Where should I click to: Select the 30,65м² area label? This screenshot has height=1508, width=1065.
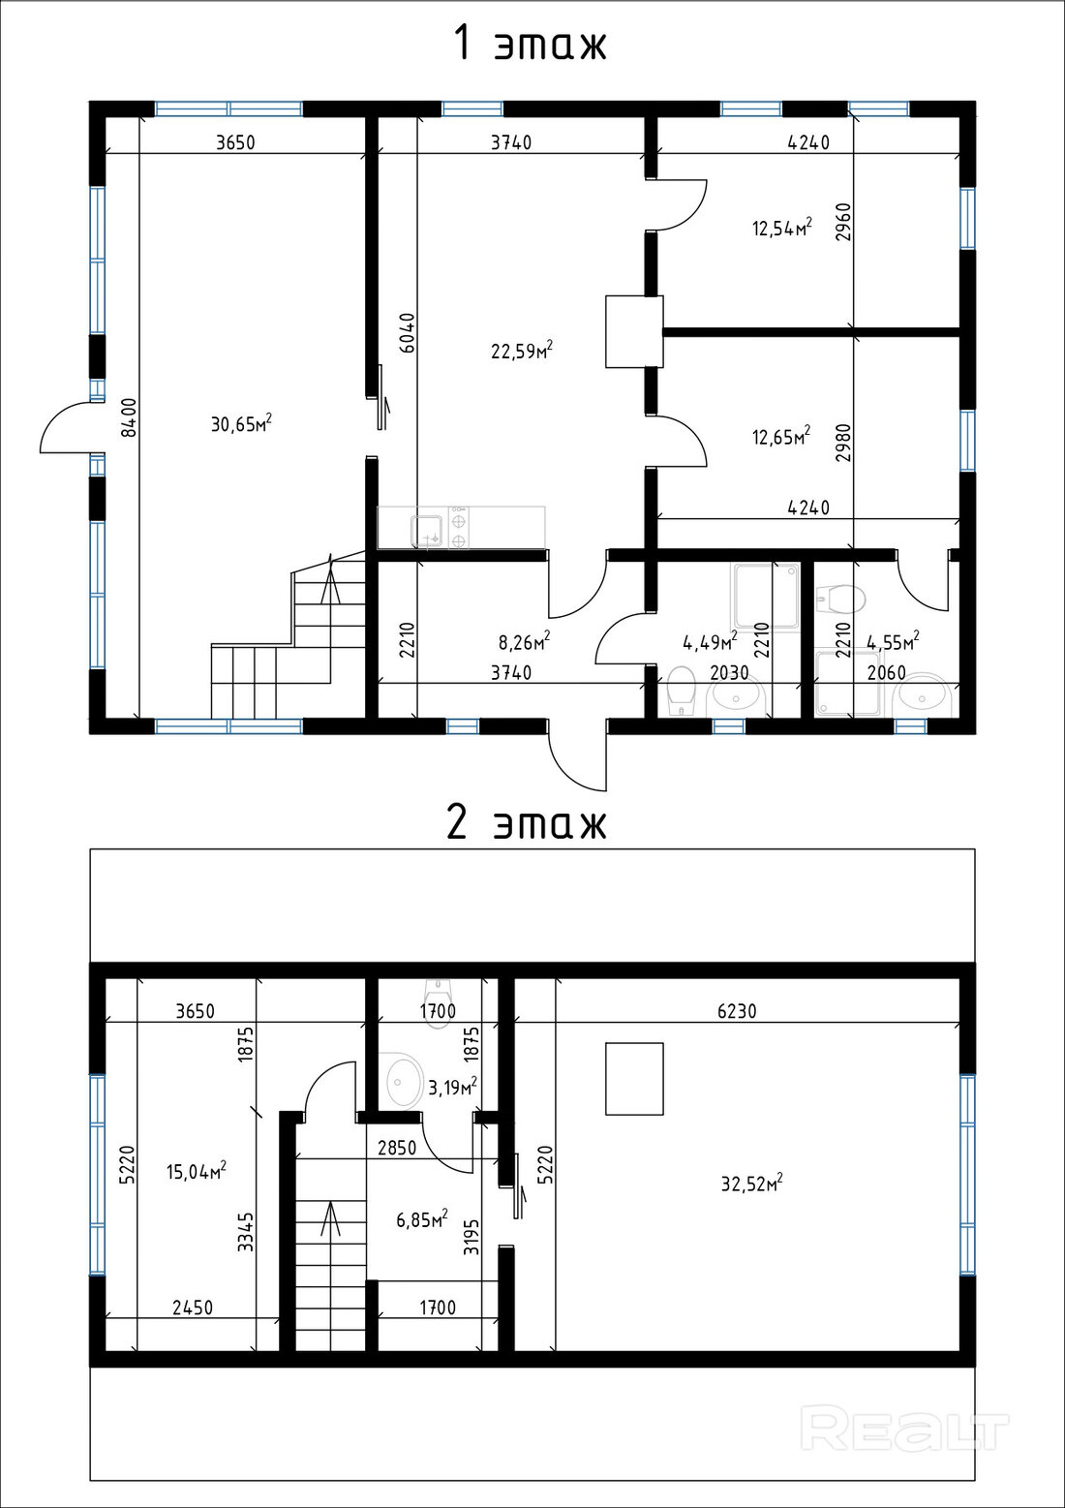[241, 423]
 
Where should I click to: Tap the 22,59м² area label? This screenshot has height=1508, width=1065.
[522, 350]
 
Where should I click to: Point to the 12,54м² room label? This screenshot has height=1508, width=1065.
[781, 228]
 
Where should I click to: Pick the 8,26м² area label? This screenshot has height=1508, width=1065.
[525, 641]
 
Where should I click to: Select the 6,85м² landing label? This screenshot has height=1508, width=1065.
[422, 1218]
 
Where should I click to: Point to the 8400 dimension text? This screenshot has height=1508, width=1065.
[129, 417]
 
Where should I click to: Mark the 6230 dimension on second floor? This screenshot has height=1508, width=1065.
[738, 1010]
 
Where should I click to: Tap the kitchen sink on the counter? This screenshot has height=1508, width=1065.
[427, 529]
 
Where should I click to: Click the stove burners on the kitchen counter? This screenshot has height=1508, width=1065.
[459, 528]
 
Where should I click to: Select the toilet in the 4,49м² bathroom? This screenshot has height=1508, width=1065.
[681, 690]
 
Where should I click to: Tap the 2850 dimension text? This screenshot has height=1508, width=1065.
[396, 1147]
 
